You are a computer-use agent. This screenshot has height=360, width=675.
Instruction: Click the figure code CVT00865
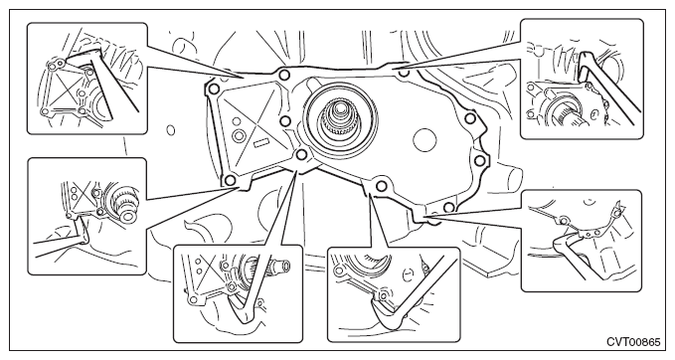pos(633,342)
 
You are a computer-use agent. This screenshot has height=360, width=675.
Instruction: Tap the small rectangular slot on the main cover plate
pos(260,143)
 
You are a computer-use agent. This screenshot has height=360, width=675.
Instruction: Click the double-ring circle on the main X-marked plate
pos(238,135)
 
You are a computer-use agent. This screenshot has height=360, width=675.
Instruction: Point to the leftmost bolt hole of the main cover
pos(213,90)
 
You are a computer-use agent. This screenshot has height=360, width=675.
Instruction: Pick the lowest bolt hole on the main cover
pos(448,208)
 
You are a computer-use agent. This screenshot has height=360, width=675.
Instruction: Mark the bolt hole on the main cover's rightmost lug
pos(479,161)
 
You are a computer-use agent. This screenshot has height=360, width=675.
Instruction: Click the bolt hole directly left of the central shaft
pos(284,121)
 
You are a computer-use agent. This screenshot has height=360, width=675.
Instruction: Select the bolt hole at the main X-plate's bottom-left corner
pos(231,180)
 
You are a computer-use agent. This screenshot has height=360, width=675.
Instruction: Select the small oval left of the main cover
pos(171,129)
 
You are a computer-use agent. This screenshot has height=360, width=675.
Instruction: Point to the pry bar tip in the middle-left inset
pos(82,228)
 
